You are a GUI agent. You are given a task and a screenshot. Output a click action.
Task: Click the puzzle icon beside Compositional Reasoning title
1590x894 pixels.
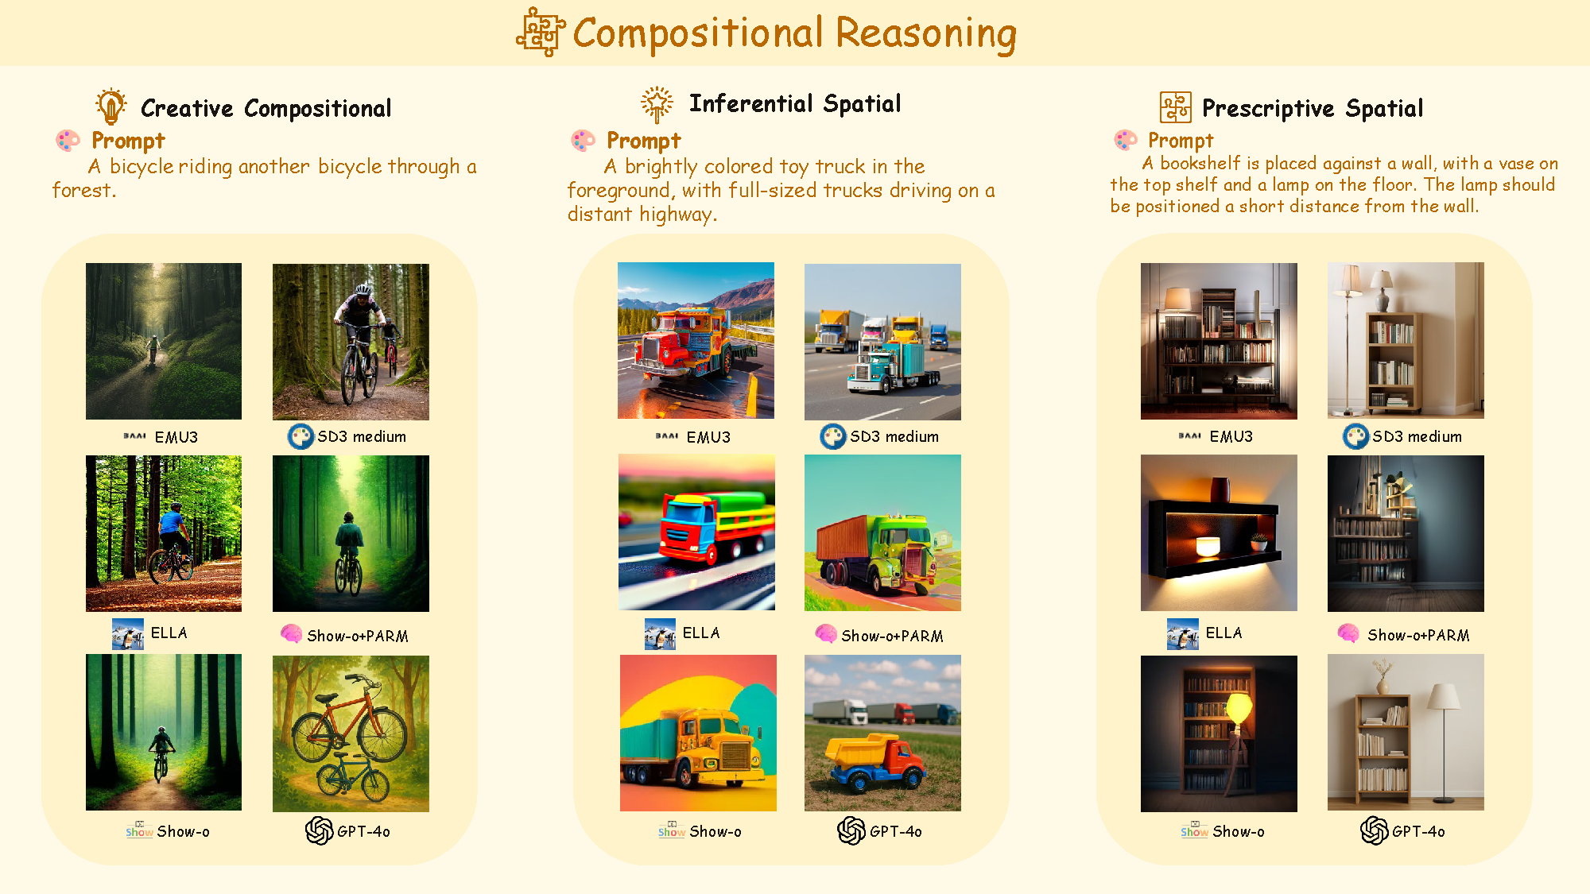(541, 33)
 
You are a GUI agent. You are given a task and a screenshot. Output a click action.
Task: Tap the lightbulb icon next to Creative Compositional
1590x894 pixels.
(111, 106)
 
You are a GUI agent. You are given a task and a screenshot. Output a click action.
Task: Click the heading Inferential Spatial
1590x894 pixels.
(795, 103)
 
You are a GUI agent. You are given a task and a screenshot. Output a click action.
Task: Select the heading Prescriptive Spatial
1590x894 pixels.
(1313, 108)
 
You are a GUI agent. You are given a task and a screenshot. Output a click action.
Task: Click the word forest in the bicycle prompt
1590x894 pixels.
(83, 191)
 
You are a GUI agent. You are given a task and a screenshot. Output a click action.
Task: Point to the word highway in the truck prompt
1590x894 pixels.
(677, 215)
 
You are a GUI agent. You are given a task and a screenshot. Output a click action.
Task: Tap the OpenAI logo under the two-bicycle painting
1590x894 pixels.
(320, 830)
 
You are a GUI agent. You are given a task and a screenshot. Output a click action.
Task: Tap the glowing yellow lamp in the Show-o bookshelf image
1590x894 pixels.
(1239, 707)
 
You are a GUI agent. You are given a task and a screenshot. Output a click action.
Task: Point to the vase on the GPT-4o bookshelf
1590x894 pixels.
(1384, 685)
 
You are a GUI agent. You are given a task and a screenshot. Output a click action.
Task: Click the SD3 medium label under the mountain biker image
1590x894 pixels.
(362, 436)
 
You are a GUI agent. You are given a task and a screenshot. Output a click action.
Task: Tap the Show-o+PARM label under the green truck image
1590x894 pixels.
(892, 636)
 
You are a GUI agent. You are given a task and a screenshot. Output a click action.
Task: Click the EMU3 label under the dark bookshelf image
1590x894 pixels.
(1231, 436)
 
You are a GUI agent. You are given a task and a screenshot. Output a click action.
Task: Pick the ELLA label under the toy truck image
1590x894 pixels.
(701, 633)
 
